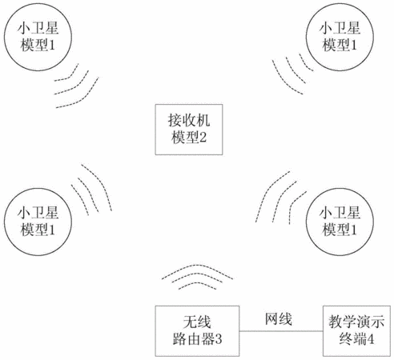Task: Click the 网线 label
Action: (279, 318)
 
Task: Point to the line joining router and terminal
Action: (281, 331)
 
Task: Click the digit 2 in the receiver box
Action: (203, 138)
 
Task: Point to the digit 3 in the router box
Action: (219, 339)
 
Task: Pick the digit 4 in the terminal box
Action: (370, 339)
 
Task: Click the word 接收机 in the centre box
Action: (189, 120)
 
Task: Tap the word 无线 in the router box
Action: (197, 322)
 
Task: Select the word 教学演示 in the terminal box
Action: (356, 322)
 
